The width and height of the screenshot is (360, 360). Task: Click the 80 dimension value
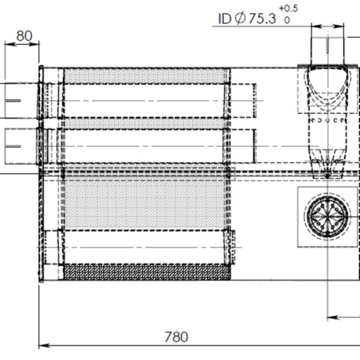24,36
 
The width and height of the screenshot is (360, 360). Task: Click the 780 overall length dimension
176,337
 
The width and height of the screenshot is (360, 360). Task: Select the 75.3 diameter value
262,18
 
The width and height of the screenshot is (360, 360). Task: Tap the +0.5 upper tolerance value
289,9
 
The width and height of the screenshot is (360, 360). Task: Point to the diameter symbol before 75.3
240,18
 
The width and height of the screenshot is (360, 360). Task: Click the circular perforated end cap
328,217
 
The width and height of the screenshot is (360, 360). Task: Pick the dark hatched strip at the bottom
147,272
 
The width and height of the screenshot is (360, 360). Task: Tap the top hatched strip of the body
145,76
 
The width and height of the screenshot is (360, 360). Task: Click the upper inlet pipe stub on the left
22,101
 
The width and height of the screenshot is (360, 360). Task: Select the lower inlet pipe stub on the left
22,146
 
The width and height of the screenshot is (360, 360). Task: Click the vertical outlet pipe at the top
328,50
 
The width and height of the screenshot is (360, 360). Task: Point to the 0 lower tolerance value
287,20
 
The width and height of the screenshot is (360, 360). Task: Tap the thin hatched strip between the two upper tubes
144,123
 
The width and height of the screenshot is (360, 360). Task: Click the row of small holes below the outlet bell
327,120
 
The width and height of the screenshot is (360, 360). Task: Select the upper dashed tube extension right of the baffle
243,101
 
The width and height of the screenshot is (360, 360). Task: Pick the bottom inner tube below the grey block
144,247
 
